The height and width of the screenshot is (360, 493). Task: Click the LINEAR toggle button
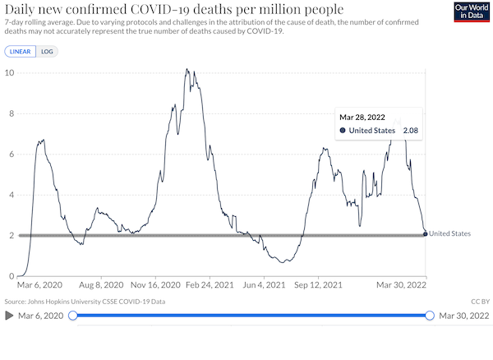coord(20,52)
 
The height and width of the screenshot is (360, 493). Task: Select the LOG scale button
coord(47,52)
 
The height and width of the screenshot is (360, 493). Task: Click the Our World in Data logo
coord(472,12)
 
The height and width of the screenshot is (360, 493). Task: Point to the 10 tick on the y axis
coord(9,73)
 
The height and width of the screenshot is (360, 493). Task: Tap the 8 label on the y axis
coord(12,113)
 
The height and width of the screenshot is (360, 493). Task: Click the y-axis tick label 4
coord(12,195)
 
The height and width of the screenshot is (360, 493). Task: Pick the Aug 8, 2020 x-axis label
coord(101,285)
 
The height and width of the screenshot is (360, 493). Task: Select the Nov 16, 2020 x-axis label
coord(155,285)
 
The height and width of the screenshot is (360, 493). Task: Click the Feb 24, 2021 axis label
coord(210,285)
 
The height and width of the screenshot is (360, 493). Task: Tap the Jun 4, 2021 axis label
coord(264,285)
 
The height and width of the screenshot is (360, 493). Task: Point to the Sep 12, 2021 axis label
coord(318,285)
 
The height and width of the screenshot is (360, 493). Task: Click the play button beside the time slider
coord(9,316)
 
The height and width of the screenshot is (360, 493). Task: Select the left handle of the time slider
coord(73,316)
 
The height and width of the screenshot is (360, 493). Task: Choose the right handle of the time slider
coord(430,316)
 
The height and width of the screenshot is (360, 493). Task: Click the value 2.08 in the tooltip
coord(411,131)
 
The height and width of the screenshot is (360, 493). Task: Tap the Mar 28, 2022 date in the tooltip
coord(362,118)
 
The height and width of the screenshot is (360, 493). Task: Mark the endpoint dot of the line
coord(426,234)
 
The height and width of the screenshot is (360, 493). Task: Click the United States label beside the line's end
coord(449,233)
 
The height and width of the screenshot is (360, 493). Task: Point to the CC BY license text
coord(480,302)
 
